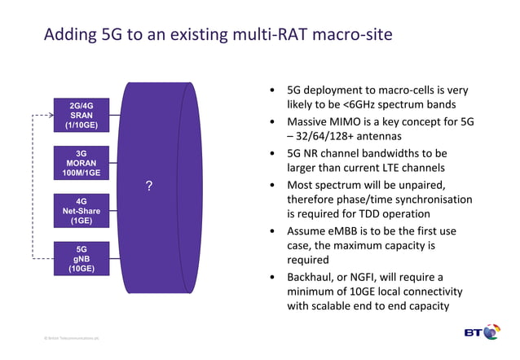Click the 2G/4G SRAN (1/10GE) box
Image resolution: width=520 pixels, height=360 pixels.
[x=81, y=115]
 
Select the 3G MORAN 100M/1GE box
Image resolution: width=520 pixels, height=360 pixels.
[x=81, y=162]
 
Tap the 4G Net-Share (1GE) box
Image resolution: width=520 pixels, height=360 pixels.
[x=81, y=210]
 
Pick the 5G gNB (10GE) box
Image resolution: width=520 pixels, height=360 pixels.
[x=81, y=258]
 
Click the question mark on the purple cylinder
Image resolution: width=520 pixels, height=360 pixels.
[x=148, y=187]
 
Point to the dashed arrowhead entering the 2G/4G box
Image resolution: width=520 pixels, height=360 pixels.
[x=50, y=116]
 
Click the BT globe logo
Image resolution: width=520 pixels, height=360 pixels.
[x=491, y=332]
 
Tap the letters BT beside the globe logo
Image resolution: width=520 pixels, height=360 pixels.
[x=473, y=333]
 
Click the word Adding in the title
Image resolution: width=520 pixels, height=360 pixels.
[x=70, y=35]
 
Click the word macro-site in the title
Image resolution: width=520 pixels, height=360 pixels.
[x=351, y=35]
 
